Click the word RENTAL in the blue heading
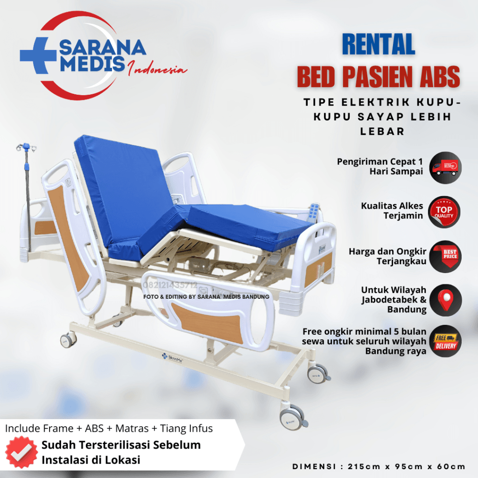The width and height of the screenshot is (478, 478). [379, 45]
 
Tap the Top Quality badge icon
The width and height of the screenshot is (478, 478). [445, 211]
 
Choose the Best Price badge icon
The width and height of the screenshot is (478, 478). [445, 256]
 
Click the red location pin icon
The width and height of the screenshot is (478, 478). [445, 301]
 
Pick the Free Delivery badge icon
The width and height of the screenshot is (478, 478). [445, 341]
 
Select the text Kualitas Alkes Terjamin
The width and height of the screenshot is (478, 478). [392, 211]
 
